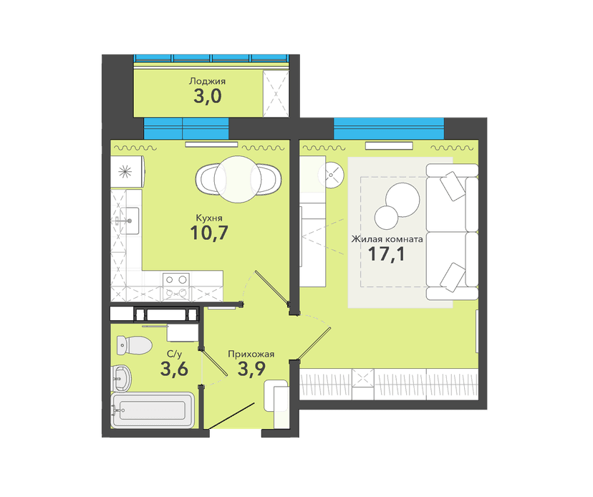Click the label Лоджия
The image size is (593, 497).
207,82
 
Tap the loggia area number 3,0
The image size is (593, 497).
207,97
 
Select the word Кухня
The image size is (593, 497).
208,218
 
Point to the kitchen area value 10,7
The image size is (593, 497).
208,233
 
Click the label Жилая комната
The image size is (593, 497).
387,239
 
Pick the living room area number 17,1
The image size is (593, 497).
386,254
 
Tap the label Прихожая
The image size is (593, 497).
251,354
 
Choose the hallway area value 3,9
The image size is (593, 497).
251,369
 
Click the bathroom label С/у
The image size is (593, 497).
174,354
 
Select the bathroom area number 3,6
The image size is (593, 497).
174,369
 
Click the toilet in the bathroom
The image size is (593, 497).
134,345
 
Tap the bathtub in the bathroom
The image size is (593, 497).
153,410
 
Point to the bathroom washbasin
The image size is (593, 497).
122,378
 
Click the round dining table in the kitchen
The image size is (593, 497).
238,179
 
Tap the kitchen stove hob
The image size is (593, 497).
176,286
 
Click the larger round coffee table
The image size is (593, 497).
402,200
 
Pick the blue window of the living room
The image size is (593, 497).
389,129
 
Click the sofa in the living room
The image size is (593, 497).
453,232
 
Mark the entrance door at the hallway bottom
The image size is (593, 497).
231,416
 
